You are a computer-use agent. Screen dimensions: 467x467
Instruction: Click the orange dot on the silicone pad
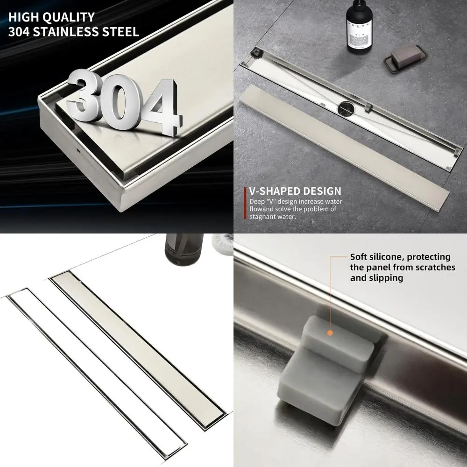coord(330,333)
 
